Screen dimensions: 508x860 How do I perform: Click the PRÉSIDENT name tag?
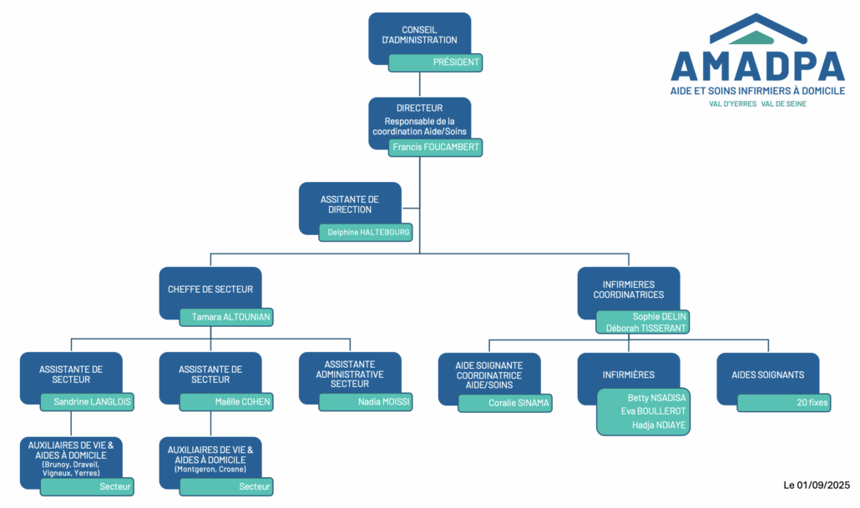[436, 63]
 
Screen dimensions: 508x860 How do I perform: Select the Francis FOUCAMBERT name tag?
[436, 147]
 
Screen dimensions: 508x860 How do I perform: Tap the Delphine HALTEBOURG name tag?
[367, 232]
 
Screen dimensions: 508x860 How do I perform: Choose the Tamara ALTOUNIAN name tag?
[226, 317]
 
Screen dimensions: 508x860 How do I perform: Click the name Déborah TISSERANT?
[646, 328]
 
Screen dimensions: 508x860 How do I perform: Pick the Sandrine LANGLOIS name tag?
[87, 402]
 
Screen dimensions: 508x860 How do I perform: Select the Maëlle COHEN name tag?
[226, 402]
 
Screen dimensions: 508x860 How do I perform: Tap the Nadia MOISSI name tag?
[367, 402]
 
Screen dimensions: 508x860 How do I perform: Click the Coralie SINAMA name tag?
[506, 403]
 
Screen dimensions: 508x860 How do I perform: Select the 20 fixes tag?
[785, 403]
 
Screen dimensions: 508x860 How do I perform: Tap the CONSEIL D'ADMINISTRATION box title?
[419, 35]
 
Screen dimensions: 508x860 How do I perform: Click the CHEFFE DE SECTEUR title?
[210, 289]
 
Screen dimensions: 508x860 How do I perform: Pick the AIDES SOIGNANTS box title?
[768, 375]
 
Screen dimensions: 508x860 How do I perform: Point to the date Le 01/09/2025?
[816, 485]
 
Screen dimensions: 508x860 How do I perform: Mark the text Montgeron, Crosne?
[210, 470]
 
